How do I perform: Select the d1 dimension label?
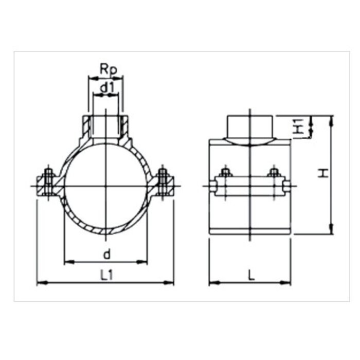click(x=106, y=88)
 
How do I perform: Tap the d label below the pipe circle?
click(x=106, y=255)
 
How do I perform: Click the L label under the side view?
click(x=250, y=275)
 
